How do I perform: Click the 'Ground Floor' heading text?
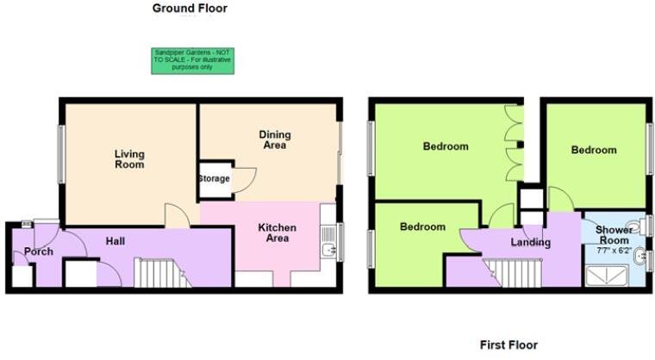[x=190, y=9]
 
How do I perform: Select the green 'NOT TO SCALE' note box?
[x=193, y=60]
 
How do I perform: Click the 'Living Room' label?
[x=129, y=159]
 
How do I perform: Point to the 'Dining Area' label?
[x=275, y=140]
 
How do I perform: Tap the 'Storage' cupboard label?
[x=214, y=179]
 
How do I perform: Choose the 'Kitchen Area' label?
[x=278, y=233]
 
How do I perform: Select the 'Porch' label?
[x=39, y=251]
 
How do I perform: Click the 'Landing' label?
[x=530, y=242]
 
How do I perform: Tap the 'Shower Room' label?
[x=615, y=235]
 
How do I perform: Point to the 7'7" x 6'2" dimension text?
[x=614, y=251]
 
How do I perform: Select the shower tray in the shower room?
[x=606, y=276]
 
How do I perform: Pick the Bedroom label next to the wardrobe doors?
[x=446, y=146]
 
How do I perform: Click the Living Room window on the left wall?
[x=61, y=154]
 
